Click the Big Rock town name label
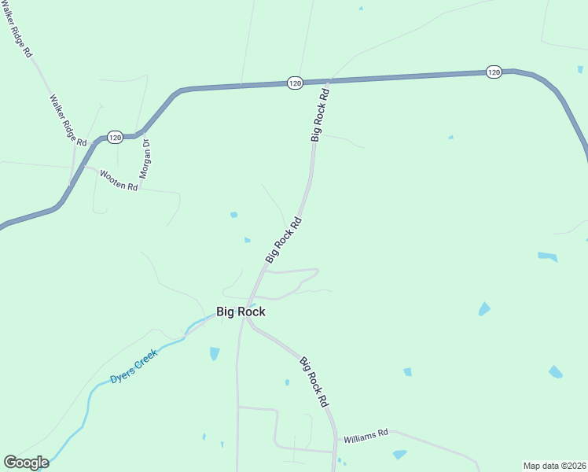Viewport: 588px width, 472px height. (x=241, y=312)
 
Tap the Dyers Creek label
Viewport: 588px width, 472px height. (x=134, y=366)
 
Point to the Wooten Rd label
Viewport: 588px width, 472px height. (x=118, y=181)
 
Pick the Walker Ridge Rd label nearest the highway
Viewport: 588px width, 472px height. (x=68, y=120)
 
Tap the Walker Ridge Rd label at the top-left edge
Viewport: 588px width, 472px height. (x=17, y=28)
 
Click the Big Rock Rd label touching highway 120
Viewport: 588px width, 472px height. (x=320, y=115)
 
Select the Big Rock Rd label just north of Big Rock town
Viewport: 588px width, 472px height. (x=284, y=239)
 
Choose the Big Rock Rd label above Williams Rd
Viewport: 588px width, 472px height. (x=314, y=382)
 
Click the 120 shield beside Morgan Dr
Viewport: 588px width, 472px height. (x=115, y=137)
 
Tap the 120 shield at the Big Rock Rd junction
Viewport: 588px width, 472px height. (x=295, y=83)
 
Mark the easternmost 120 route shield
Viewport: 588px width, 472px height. (x=493, y=72)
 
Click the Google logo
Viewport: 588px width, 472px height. (x=26, y=463)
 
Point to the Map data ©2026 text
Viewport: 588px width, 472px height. (x=554, y=466)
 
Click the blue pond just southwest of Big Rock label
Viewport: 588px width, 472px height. (x=215, y=353)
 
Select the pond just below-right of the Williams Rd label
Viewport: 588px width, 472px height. (x=399, y=454)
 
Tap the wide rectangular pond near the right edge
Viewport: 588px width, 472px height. (x=548, y=256)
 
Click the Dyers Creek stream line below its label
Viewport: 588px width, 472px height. (x=91, y=397)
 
